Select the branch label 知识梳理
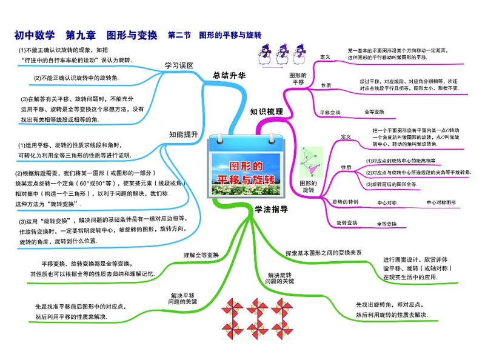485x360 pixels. click(266, 112)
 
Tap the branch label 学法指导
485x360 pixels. click(267, 210)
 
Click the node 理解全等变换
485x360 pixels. click(201, 255)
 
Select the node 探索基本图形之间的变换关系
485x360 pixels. click(324, 252)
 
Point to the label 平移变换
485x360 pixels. click(330, 112)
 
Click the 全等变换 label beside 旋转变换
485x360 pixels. click(387, 224)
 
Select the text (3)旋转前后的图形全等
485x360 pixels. click(391, 184)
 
